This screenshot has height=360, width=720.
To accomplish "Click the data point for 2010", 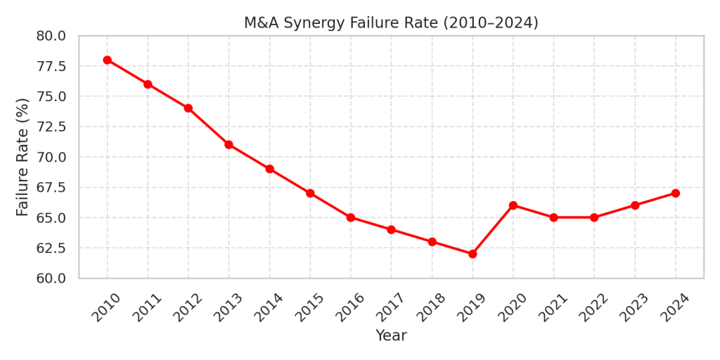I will coord(107,60).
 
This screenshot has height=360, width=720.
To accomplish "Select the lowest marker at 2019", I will coord(472,254).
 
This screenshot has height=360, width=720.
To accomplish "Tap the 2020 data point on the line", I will coord(513,205).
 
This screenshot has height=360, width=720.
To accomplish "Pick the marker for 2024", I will coord(676,193).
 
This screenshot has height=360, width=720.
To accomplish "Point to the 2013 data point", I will coord(229,145).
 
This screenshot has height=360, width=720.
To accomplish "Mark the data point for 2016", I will coord(351,217).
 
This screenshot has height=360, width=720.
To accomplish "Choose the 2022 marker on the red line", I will coord(594,217).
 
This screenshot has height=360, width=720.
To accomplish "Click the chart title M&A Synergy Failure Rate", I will coord(391,22).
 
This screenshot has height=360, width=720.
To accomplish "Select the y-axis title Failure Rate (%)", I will coord(22,157).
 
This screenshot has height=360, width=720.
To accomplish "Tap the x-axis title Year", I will coord(391,335).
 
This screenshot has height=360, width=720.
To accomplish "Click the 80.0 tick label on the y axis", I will coord(51,36).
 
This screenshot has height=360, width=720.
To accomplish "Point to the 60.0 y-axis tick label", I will coord(51,278).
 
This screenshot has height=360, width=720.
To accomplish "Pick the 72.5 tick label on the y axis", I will coord(51,127).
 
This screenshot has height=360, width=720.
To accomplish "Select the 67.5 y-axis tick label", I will coord(51,188).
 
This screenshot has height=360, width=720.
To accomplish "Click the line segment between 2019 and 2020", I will coord(493,230).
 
